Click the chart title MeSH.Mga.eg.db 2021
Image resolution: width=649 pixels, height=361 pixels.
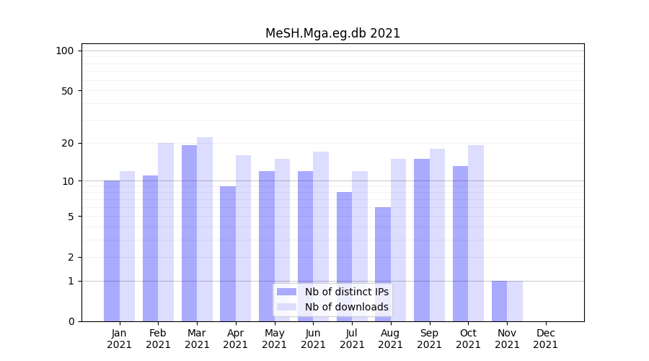(332, 33)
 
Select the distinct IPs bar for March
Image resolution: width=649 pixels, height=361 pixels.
(189, 233)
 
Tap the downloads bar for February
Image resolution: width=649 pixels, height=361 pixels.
(166, 232)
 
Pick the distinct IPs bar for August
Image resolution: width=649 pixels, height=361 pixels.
(383, 264)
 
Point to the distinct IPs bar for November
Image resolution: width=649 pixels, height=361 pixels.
(499, 301)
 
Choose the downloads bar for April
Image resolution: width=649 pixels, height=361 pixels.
(243, 238)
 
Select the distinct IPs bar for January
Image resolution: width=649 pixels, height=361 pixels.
(112, 251)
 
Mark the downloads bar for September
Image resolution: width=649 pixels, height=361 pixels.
(437, 235)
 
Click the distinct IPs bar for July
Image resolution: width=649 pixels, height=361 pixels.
(344, 256)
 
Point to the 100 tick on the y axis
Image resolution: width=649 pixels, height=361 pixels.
(65, 51)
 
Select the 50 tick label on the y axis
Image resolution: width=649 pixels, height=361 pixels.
(68, 91)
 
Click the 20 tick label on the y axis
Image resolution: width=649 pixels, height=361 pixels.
(68, 143)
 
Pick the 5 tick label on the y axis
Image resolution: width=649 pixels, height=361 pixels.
(71, 217)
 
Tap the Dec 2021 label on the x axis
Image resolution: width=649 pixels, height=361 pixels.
(545, 339)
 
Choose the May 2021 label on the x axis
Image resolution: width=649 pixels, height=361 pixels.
(274, 339)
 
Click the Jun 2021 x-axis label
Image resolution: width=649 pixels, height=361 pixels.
(313, 339)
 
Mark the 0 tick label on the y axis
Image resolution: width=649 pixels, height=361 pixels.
(71, 321)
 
